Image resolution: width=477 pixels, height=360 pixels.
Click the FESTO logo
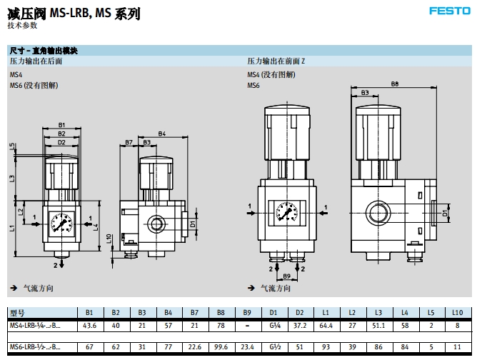point(448,11)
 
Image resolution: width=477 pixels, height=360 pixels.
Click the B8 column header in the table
point(221,313)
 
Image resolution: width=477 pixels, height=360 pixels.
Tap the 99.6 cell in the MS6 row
point(221,347)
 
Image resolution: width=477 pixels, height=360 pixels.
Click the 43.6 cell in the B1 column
point(89,326)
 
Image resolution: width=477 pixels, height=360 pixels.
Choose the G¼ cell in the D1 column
point(273,326)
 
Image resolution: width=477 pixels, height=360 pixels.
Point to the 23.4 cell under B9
point(247,347)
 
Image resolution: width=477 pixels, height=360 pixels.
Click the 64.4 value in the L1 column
point(326,326)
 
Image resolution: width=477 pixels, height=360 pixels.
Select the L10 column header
point(457,313)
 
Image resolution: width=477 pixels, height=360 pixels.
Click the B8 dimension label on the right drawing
point(395,84)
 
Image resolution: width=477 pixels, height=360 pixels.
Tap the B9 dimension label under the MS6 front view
point(286,275)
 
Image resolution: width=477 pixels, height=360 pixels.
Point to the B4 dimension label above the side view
point(162,134)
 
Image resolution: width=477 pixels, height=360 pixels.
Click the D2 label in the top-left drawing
point(62,142)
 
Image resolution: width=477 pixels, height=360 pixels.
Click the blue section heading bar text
point(44,51)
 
